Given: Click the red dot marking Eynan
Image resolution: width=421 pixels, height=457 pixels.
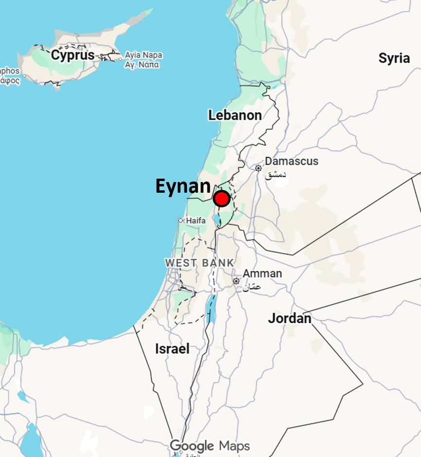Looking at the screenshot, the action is pyautogui.click(x=221, y=199).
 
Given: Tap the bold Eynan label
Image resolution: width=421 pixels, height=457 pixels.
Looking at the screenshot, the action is pyautogui.click(x=183, y=186).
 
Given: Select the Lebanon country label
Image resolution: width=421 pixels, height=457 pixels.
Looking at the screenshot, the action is pyautogui.click(x=235, y=115).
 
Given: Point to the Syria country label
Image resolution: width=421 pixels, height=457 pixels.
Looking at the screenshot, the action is pyautogui.click(x=394, y=58).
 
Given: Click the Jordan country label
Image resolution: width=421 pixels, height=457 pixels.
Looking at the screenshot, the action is pyautogui.click(x=290, y=319).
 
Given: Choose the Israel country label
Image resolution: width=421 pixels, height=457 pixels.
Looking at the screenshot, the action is pyautogui.click(x=172, y=348).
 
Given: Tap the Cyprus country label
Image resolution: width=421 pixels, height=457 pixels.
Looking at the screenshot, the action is pyautogui.click(x=73, y=55).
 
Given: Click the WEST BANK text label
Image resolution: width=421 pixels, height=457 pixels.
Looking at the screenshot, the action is pyautogui.click(x=200, y=263).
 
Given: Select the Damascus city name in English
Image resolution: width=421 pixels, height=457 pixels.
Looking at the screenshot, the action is pyautogui.click(x=292, y=161).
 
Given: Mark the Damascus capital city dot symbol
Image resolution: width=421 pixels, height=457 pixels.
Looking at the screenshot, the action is pyautogui.click(x=258, y=168).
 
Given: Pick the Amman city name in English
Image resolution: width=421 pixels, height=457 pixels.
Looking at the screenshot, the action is pyautogui.click(x=262, y=274).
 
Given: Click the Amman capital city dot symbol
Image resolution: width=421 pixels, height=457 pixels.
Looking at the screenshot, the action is pyautogui.click(x=236, y=281).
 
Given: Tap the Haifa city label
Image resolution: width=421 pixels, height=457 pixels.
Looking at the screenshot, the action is pyautogui.click(x=196, y=220).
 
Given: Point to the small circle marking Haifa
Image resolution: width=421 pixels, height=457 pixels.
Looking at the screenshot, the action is pyautogui.click(x=181, y=220).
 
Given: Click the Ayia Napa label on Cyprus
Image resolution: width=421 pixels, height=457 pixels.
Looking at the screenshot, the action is pyautogui.click(x=144, y=55).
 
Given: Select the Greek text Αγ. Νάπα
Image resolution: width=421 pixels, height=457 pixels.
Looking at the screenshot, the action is pyautogui.click(x=142, y=65).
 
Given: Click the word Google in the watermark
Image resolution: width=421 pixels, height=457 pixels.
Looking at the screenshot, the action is pyautogui.click(x=192, y=445).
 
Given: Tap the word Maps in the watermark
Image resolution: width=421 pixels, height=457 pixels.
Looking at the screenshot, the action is pyautogui.click(x=234, y=445).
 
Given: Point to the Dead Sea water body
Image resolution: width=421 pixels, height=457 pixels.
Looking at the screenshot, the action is pyautogui.click(x=211, y=309).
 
